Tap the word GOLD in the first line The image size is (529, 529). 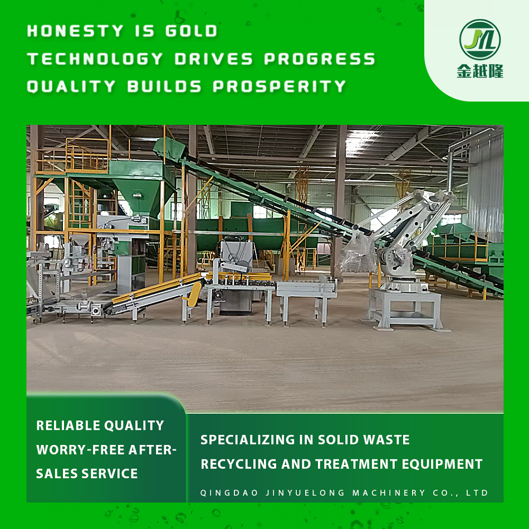(x=192, y=31)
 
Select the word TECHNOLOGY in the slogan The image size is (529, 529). (x=95, y=59)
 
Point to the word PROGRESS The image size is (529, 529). (x=320, y=59)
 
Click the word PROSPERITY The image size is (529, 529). (x=280, y=86)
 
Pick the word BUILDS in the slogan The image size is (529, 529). (x=164, y=86)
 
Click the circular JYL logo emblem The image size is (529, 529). (x=480, y=40)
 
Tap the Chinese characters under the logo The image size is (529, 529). (x=480, y=71)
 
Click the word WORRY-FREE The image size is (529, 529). (x=80, y=450)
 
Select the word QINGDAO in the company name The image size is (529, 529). (x=229, y=493)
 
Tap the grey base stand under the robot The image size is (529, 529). (x=404, y=309)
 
